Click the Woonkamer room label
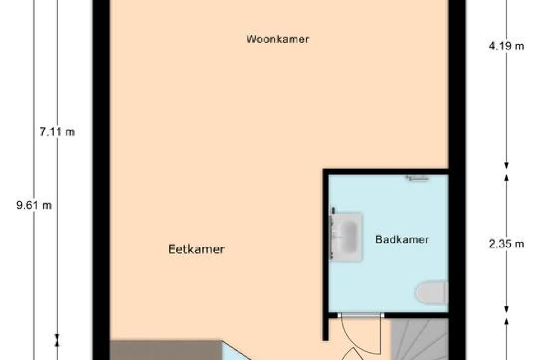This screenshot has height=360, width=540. click(x=278, y=39)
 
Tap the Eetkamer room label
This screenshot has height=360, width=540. click(x=197, y=249)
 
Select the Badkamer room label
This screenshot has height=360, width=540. click(x=402, y=239)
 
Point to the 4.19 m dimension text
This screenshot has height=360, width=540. click(x=507, y=46)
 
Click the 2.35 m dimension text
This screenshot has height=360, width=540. click(x=507, y=244)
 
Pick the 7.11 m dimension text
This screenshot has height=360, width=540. click(x=57, y=132)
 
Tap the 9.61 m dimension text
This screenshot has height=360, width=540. click(x=34, y=205)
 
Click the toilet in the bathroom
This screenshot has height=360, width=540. click(x=432, y=292)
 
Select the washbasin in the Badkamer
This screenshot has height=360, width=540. click(x=346, y=237)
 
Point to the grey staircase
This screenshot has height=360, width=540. click(x=419, y=339)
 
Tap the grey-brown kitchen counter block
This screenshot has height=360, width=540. click(x=166, y=350)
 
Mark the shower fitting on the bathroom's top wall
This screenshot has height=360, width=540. click(x=418, y=178)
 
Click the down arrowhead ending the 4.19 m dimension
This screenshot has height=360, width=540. click(x=507, y=166)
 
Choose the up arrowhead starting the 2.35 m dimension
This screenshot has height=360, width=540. click(x=507, y=177)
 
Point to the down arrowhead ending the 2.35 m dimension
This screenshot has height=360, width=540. click(x=507, y=310)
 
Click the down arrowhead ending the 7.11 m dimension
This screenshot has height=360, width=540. click(x=57, y=337)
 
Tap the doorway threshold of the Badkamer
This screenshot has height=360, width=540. click(x=361, y=315)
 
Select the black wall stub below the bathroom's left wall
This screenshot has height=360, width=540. click(x=326, y=329)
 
